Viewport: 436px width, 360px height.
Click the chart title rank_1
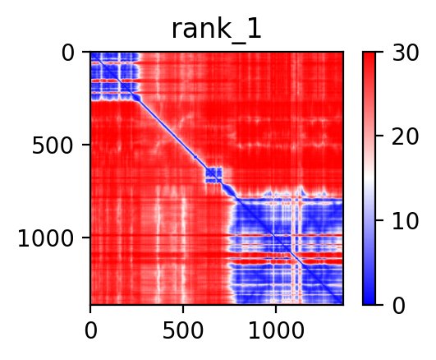[216, 30]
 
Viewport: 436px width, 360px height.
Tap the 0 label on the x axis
[90, 330]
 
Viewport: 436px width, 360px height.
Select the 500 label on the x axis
[183, 330]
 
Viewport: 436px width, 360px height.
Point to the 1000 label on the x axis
[276, 330]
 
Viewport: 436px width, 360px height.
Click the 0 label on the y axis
[68, 53]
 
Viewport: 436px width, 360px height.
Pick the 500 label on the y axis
[53, 146]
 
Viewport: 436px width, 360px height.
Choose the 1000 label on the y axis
[46, 238]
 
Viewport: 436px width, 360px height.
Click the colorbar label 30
[405, 53]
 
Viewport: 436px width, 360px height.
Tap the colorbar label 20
[405, 136]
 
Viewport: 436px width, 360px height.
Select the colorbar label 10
[405, 221]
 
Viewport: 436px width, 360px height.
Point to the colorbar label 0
[399, 306]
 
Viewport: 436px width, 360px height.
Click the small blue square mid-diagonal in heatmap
[213, 175]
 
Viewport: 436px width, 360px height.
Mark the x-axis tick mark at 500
[183, 308]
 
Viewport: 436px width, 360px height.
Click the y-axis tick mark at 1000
[86, 238]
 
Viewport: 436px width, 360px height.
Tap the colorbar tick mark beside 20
[379, 136]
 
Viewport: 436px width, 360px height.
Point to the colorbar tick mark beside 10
[379, 220]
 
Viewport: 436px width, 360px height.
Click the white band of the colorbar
[369, 178]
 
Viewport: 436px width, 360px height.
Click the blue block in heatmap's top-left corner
[115, 76]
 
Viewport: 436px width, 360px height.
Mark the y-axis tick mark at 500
[86, 145]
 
